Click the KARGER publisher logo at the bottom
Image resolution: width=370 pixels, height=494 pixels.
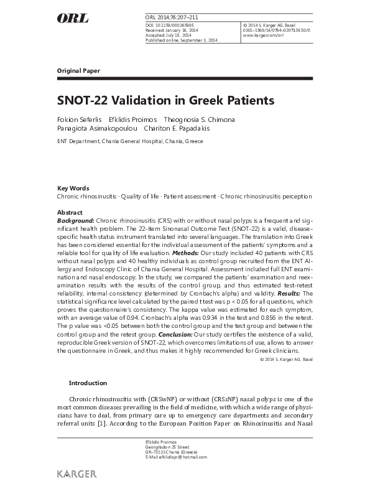tap(76, 474)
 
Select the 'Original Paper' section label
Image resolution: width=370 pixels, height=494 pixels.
tap(78, 71)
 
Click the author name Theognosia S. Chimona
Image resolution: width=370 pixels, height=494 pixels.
tap(199, 119)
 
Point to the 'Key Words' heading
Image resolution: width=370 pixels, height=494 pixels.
tap(73, 188)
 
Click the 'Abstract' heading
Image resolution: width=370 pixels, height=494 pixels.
tap(70, 212)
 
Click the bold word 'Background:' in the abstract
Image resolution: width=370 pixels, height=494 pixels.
tap(76, 220)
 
